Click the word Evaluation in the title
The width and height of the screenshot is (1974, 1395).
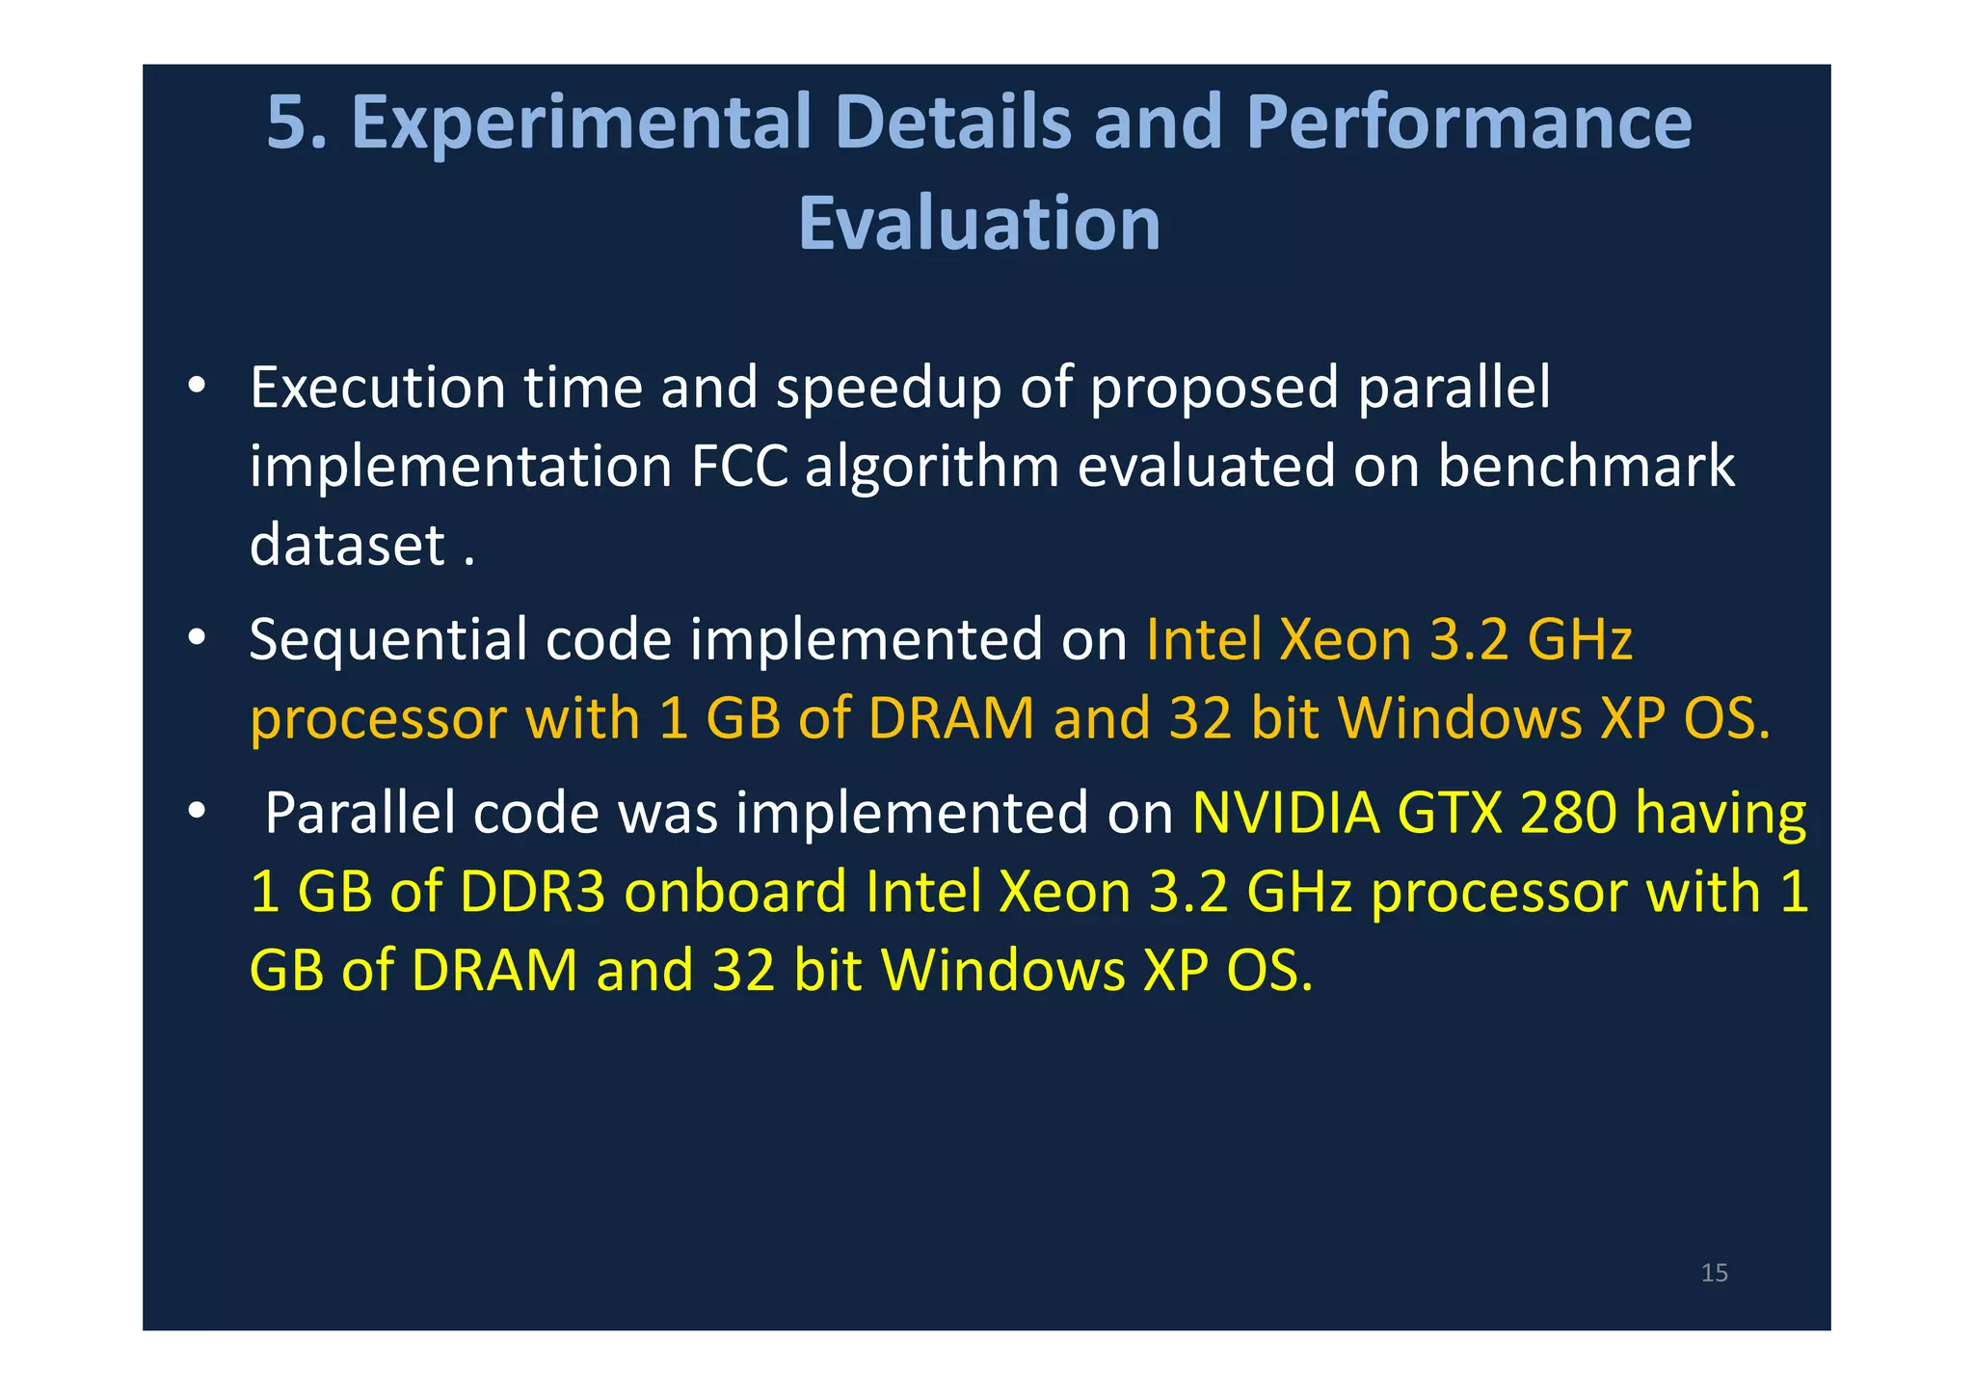point(979,224)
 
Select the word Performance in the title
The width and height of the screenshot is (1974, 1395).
point(1469,122)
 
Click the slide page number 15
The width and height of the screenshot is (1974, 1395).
point(1714,1273)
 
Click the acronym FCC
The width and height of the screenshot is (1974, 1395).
point(739,467)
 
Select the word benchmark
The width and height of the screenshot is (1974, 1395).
point(1586,467)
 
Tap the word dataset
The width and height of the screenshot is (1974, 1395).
point(347,545)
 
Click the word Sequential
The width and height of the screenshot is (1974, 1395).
point(387,639)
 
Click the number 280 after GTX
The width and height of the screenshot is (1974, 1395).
point(1568,813)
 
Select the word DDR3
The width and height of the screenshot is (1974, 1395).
point(532,892)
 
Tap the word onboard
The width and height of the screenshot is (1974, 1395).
point(735,892)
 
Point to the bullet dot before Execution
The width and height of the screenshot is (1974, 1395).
point(197,387)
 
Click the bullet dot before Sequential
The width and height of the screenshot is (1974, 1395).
point(197,638)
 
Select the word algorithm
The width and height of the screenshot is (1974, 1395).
point(932,467)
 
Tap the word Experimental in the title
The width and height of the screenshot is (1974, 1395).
point(581,122)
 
